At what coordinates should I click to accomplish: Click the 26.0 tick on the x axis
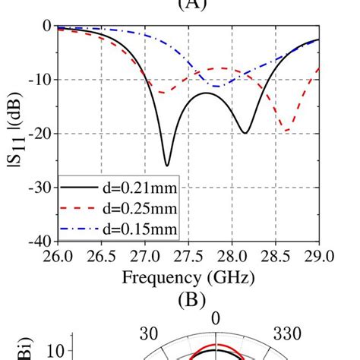coord(58,255)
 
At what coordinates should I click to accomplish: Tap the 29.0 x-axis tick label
coord(317,255)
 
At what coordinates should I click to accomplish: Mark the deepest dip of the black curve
coord(167,165)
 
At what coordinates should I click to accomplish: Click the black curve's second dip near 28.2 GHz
coord(245,133)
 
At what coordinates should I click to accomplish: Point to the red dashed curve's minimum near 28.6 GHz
coord(286,131)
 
